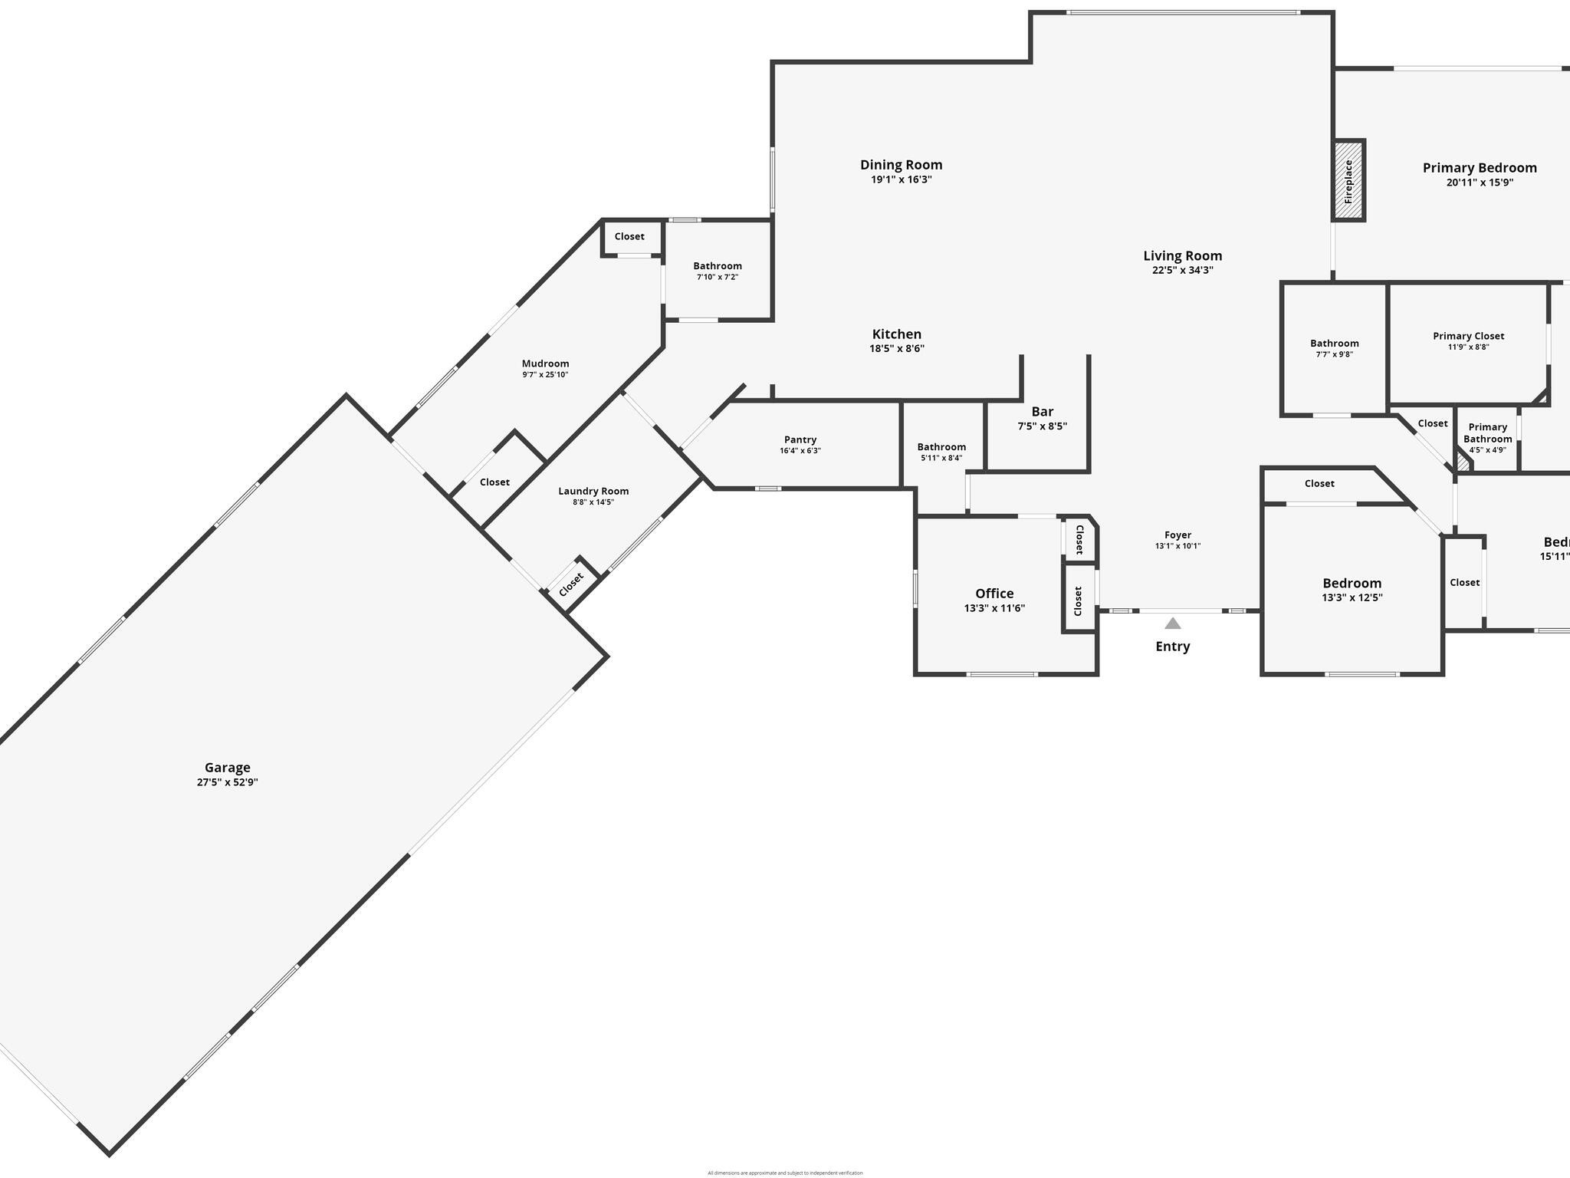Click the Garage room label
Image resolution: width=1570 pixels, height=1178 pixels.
click(227, 768)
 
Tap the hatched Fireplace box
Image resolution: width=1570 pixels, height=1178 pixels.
click(1348, 181)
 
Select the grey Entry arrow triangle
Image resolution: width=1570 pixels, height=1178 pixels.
click(1173, 624)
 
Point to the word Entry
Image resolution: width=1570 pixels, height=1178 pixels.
click(1173, 647)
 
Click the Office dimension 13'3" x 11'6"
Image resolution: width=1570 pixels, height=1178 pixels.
click(994, 608)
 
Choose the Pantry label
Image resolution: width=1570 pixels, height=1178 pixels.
click(800, 439)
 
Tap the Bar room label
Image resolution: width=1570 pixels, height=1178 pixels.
click(1043, 412)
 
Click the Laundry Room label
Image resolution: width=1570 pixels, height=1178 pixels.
click(593, 491)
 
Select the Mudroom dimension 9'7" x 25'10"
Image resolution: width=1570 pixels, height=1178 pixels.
click(545, 375)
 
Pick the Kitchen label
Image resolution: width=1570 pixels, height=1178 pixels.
click(897, 334)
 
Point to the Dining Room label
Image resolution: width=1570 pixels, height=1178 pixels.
click(902, 165)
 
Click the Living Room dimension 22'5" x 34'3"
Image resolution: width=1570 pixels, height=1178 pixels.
click(1183, 270)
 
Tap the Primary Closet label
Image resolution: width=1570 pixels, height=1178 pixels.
click(1469, 336)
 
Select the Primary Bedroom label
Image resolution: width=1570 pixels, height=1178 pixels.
click(1480, 168)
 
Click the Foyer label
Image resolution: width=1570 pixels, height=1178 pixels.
click(1178, 535)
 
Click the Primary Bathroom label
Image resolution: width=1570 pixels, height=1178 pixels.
click(1488, 433)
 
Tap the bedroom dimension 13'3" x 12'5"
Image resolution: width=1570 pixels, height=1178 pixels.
click(1352, 597)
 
